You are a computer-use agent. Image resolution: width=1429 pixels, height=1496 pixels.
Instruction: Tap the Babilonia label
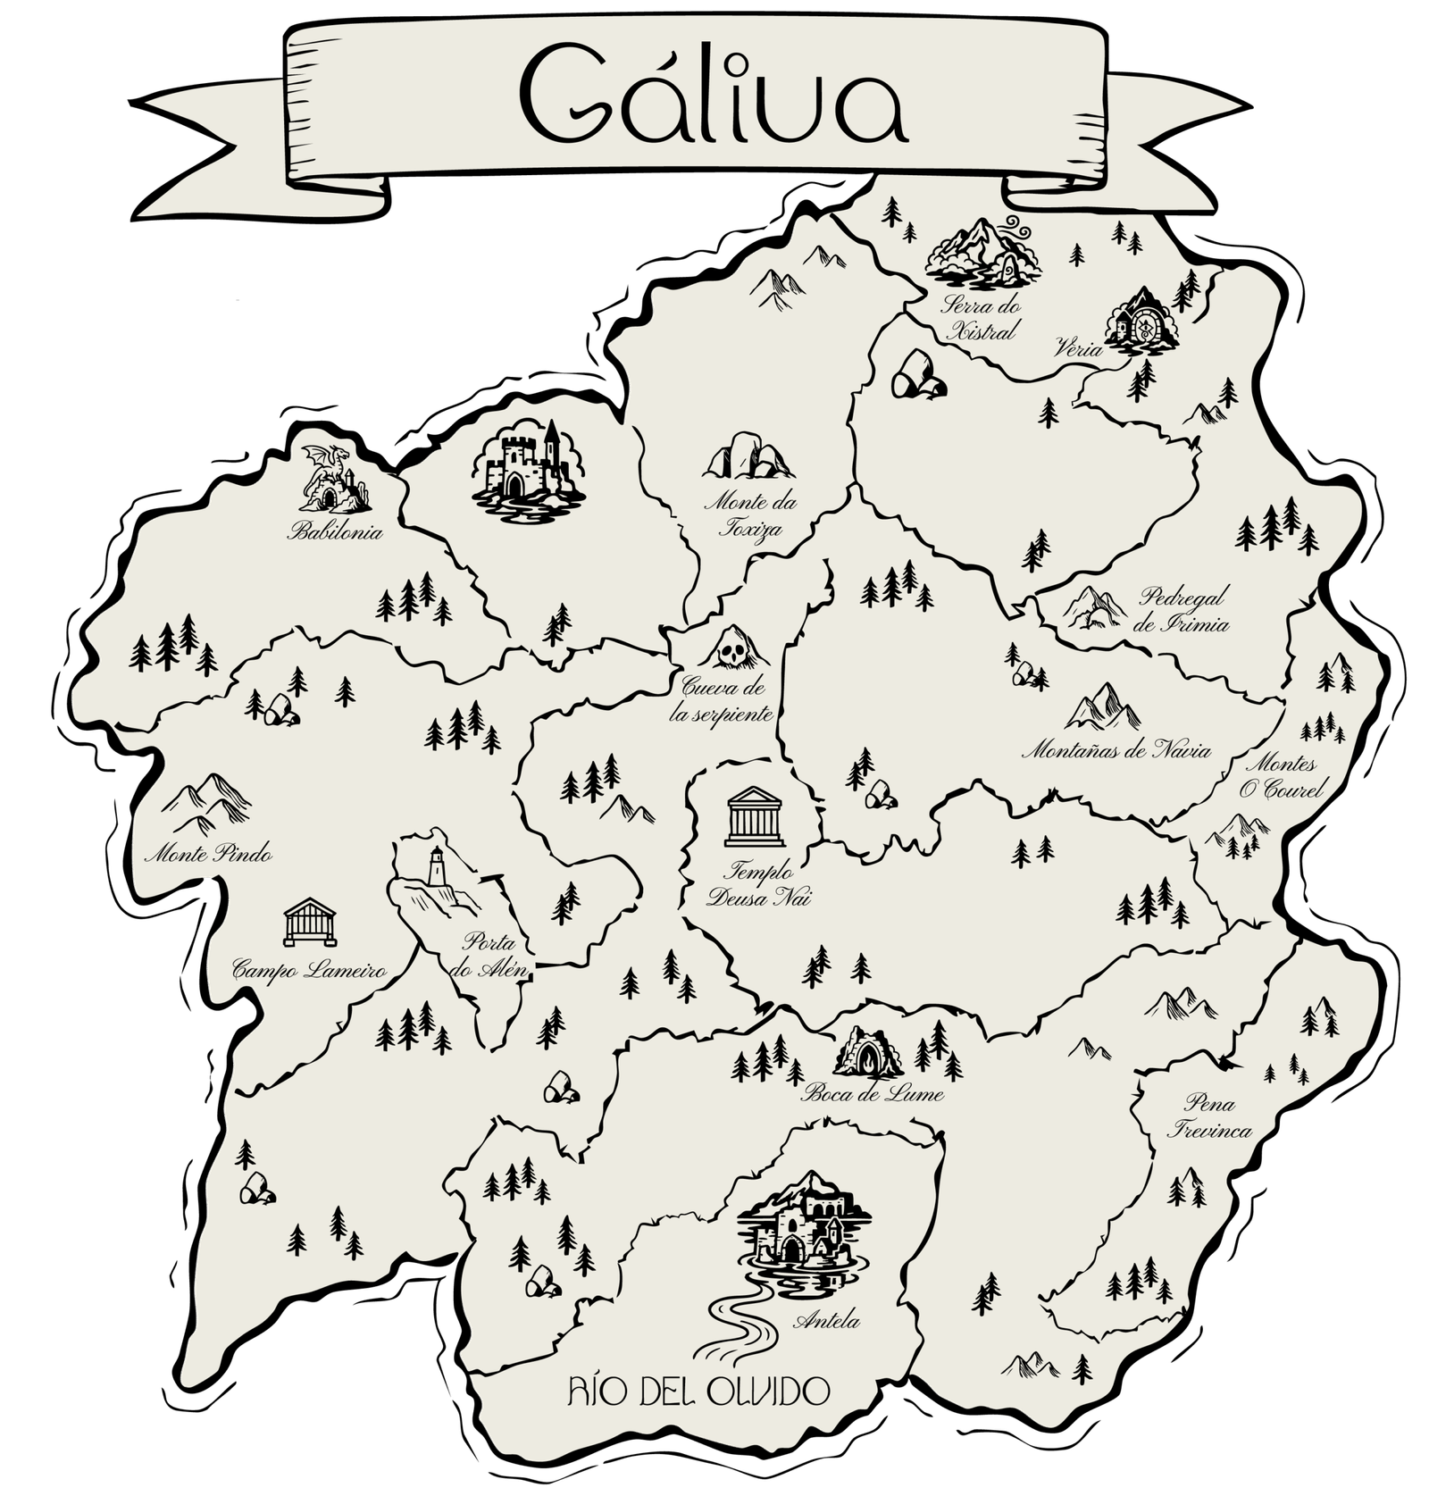(x=335, y=533)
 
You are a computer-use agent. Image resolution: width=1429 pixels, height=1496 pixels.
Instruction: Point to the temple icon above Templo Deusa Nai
(x=756, y=816)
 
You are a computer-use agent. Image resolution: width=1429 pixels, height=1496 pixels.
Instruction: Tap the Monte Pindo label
(x=208, y=855)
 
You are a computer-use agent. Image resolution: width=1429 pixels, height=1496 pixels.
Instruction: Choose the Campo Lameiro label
(x=308, y=969)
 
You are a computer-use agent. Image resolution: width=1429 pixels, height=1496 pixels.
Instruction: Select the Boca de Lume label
(x=873, y=1093)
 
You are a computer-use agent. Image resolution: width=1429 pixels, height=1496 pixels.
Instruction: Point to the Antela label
(x=830, y=1322)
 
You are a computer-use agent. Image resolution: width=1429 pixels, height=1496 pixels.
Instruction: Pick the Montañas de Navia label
(x=1116, y=750)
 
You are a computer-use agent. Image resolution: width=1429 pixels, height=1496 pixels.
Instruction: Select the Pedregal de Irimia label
(x=1181, y=610)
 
